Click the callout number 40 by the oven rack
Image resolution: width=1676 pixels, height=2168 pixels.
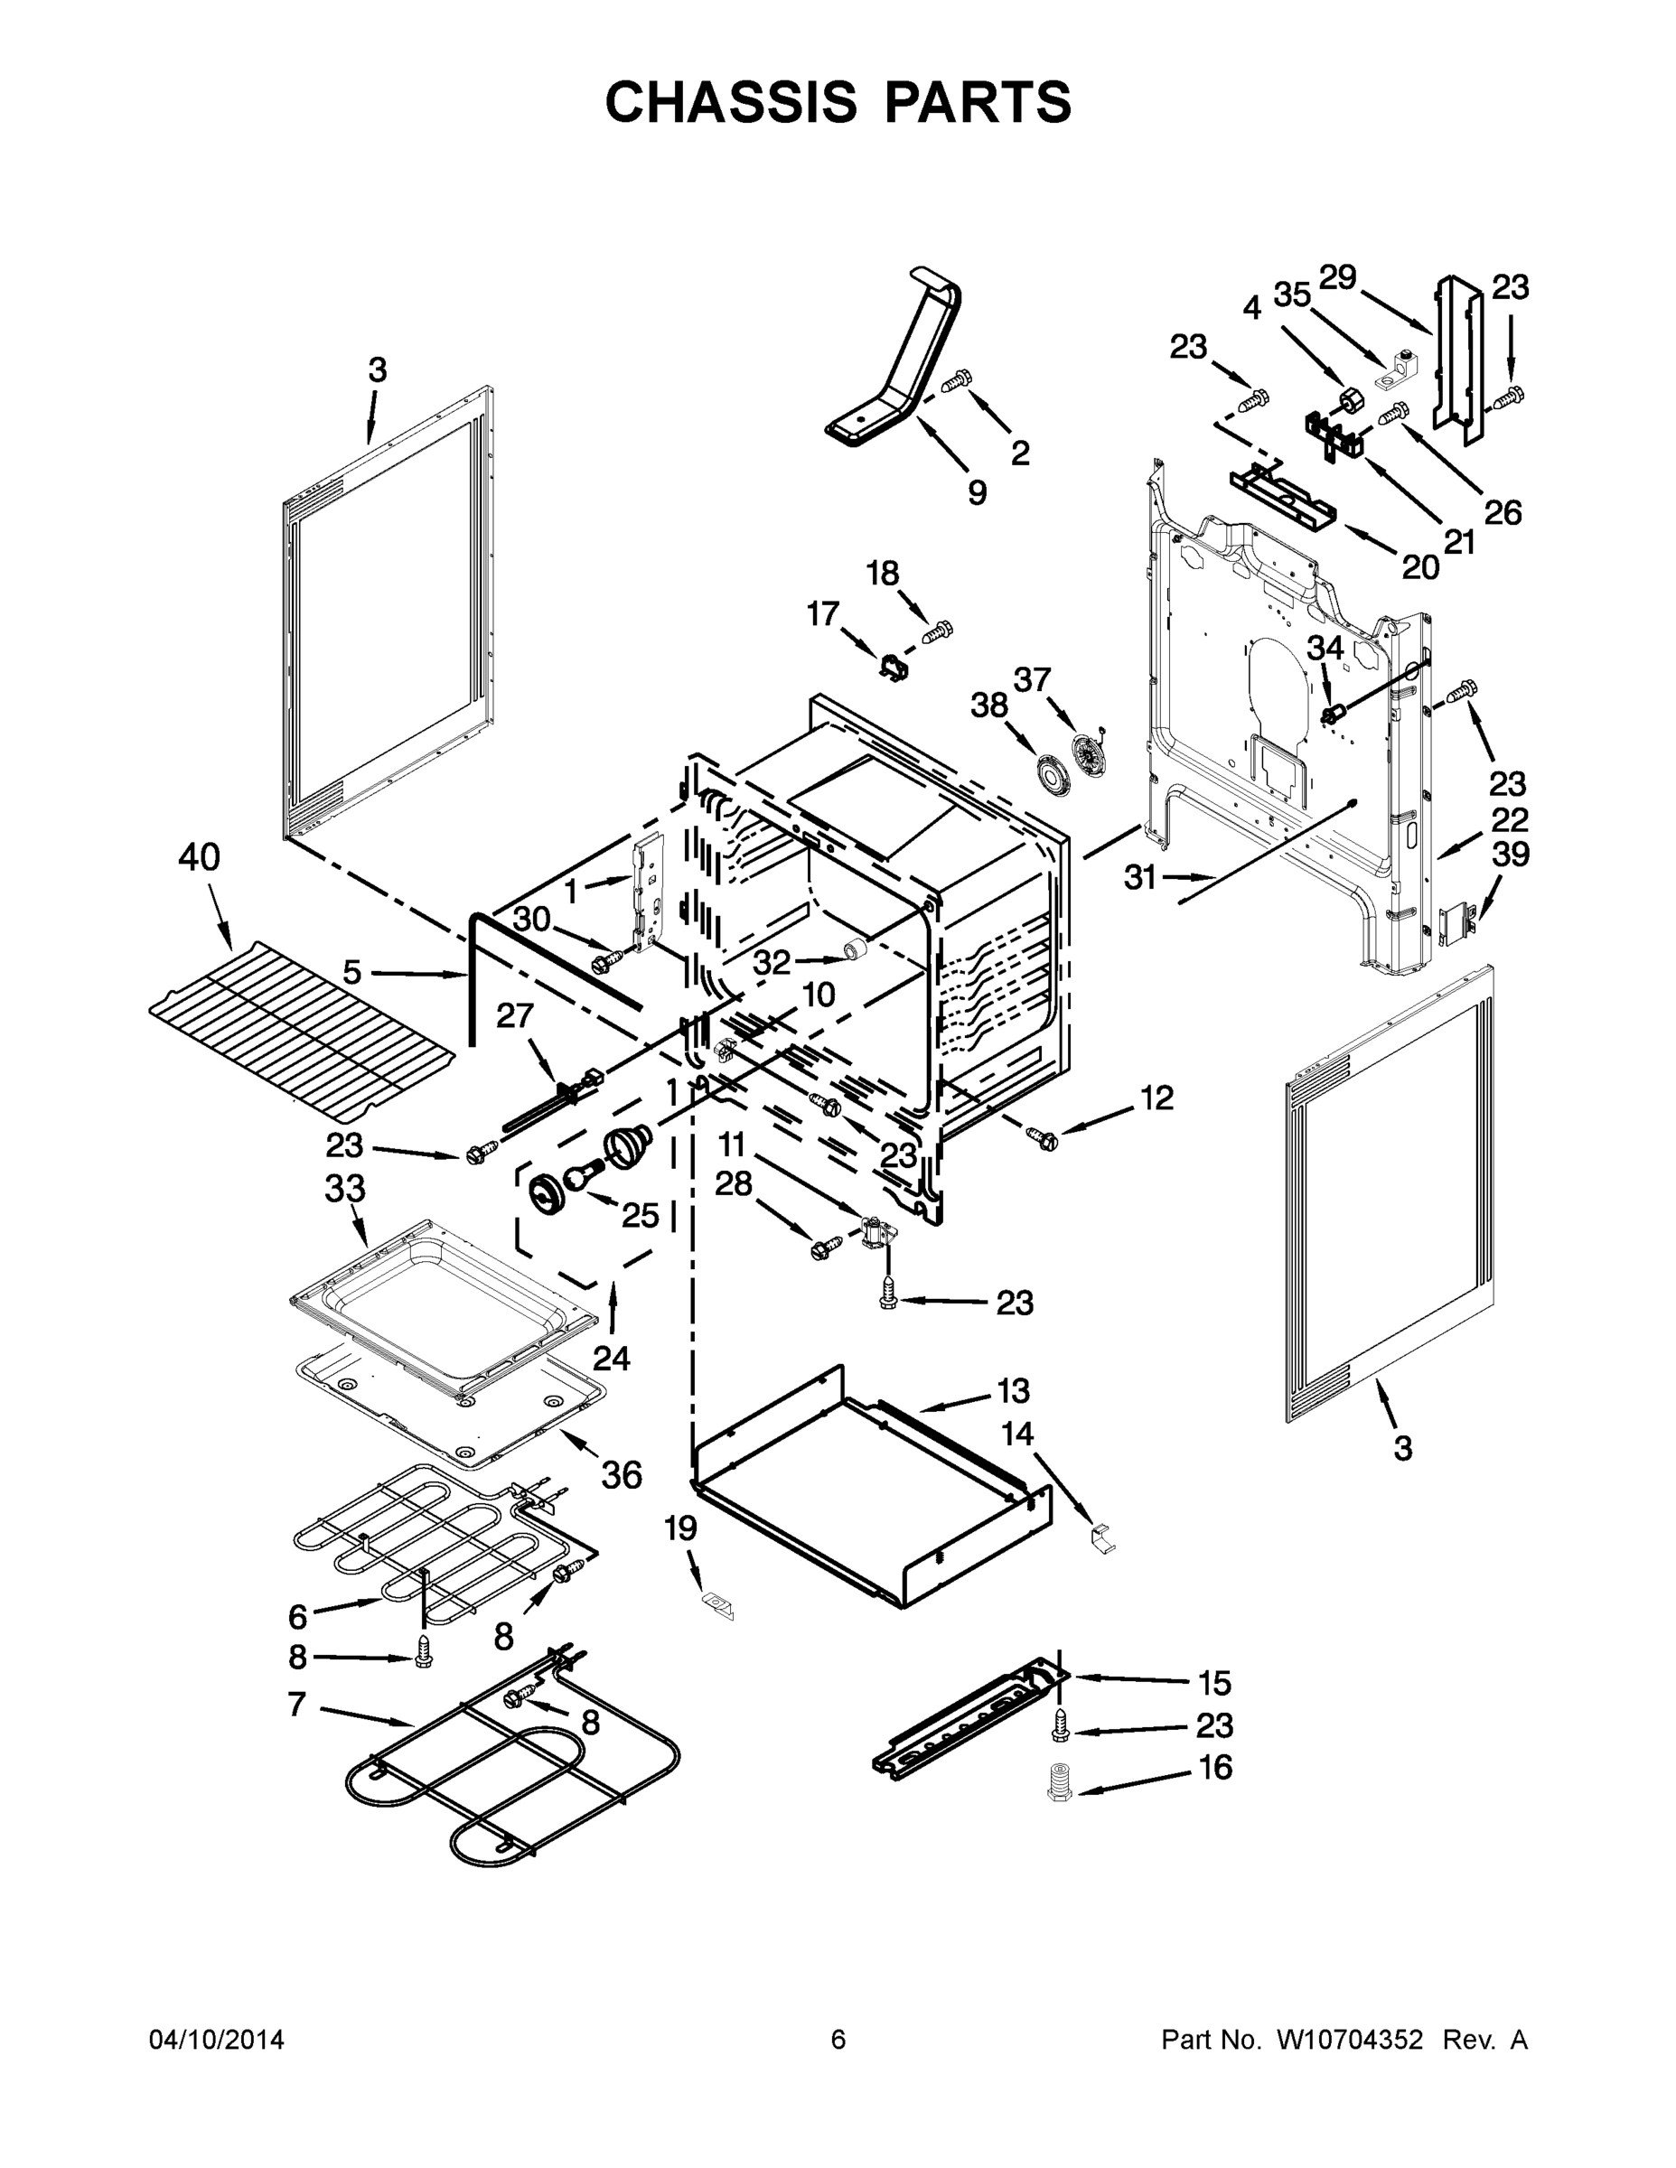(x=199, y=856)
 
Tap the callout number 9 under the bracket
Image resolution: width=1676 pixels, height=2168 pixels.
(x=977, y=492)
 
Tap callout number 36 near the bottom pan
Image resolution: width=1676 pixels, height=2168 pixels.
(x=622, y=1475)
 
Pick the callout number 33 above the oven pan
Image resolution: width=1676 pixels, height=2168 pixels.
(x=344, y=1188)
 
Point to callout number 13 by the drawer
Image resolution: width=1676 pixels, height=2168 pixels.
(x=1013, y=1391)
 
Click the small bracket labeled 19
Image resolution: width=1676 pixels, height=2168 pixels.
(x=716, y=1603)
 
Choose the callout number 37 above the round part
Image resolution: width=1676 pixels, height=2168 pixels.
(x=1032, y=680)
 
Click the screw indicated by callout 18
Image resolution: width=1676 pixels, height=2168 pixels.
(x=937, y=631)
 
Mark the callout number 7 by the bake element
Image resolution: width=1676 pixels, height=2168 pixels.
(x=295, y=1704)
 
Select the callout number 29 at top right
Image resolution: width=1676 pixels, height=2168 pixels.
(x=1337, y=277)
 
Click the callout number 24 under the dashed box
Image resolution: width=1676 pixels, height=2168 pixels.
(x=612, y=1357)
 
